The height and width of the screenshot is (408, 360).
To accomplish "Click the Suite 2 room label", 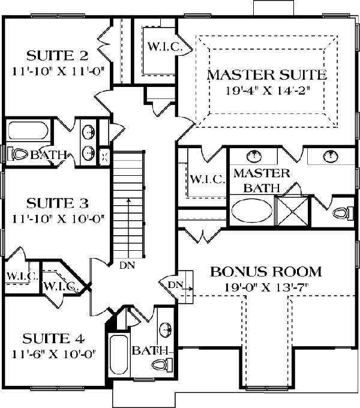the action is click(58, 55).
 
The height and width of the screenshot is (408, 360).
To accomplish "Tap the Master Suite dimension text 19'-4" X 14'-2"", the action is click(268, 91).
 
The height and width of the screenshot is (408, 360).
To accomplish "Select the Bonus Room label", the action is click(266, 272).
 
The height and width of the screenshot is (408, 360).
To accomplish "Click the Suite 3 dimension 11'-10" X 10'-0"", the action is click(58, 218).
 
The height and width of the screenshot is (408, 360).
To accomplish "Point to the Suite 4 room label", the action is click(53, 339).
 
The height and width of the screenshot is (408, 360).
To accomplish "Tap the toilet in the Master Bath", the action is click(343, 214).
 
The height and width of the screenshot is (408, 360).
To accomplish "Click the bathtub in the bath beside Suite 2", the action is click(28, 131).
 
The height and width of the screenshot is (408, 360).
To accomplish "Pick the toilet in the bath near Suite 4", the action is click(163, 364).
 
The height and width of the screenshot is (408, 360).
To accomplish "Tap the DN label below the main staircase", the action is click(127, 265).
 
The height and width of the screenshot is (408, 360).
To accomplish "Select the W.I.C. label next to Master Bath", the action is click(208, 179).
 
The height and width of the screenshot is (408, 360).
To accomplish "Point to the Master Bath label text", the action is click(262, 181).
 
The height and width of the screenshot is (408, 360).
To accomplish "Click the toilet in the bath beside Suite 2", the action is click(17, 154).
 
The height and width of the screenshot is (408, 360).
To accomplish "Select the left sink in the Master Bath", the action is click(254, 155).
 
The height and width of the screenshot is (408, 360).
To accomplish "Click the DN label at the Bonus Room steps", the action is click(176, 284).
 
